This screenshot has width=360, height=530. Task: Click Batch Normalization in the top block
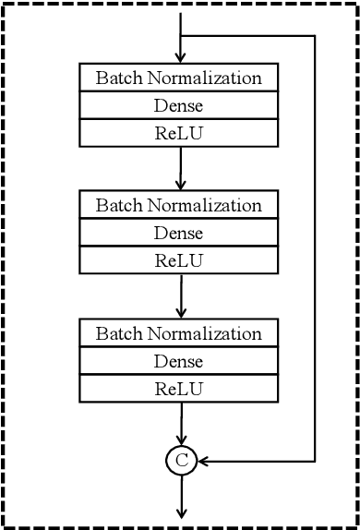point(179,78)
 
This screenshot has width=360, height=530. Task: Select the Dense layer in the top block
point(179,105)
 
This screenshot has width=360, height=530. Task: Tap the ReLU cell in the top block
point(179,132)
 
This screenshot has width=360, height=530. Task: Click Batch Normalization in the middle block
point(179,205)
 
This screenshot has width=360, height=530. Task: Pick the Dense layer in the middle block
point(179,233)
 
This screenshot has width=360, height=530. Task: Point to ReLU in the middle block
point(179,259)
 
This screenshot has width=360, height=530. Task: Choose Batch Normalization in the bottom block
point(179,333)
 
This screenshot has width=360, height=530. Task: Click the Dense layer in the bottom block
point(179,361)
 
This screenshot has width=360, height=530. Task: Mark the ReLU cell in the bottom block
point(179,388)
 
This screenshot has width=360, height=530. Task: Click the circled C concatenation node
point(180,459)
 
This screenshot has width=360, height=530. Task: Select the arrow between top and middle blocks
point(180,167)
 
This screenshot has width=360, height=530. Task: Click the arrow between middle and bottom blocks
point(180,295)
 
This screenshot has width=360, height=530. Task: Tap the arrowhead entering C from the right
point(201,459)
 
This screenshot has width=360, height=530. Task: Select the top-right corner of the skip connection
point(317,37)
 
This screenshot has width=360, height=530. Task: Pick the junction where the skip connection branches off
point(180,37)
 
